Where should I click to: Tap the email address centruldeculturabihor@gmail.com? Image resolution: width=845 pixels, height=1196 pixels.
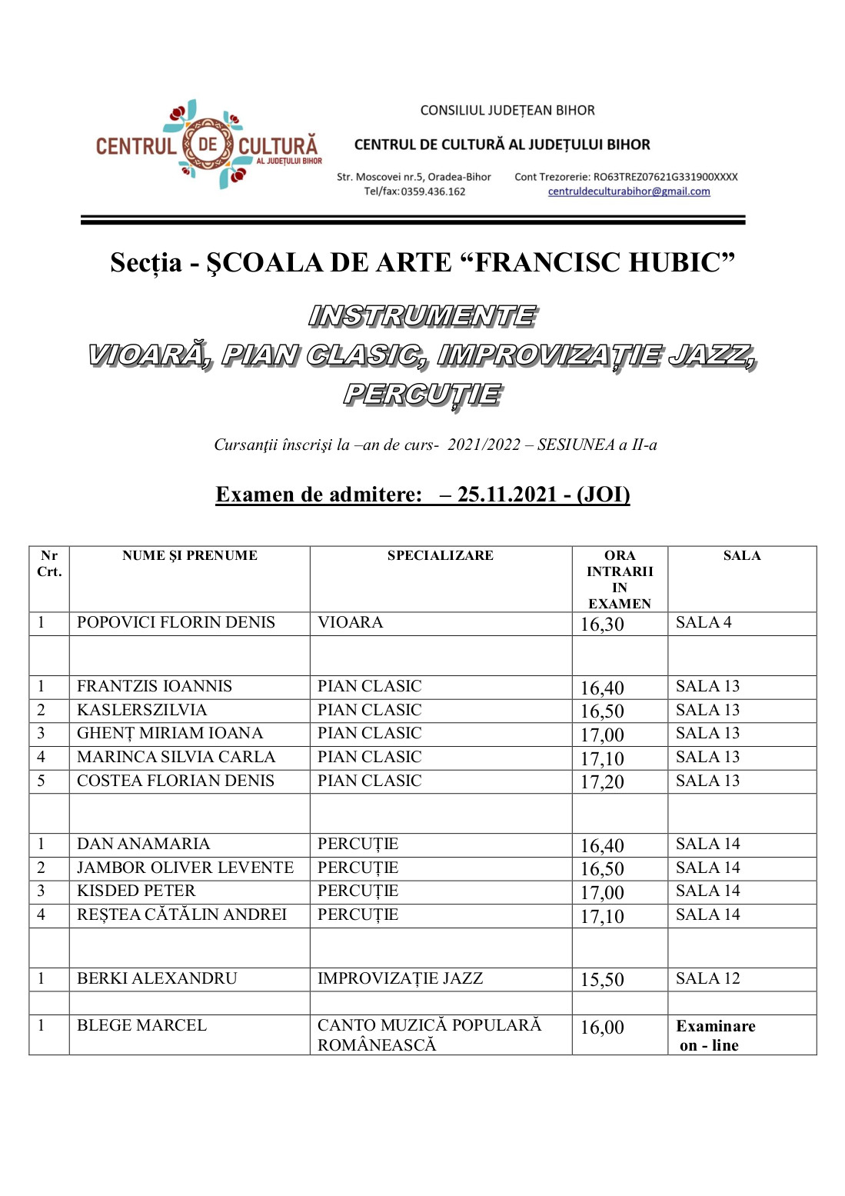(x=628, y=192)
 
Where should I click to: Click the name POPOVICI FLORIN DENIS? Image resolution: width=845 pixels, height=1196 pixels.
(x=175, y=622)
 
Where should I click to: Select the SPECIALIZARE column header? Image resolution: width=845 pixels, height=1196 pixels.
(x=440, y=555)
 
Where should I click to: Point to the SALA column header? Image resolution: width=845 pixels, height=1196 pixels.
(x=741, y=555)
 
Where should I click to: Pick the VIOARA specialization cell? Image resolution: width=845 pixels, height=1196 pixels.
(x=350, y=622)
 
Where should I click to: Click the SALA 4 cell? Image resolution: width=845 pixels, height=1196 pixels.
(x=703, y=622)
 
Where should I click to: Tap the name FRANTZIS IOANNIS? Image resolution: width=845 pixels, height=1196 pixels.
(x=154, y=686)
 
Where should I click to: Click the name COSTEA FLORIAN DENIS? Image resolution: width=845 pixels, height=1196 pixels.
(x=175, y=781)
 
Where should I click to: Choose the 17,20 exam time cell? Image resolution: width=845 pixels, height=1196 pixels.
(x=602, y=782)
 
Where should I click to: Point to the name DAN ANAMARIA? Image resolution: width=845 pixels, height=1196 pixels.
(x=143, y=844)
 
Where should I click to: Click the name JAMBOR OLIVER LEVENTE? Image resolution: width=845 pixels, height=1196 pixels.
(x=185, y=868)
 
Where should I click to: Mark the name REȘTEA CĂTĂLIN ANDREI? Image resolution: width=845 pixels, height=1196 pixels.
(x=181, y=914)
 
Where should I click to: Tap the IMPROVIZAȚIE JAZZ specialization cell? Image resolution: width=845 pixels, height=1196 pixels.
(x=400, y=978)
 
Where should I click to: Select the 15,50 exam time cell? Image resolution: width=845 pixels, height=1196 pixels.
(x=602, y=980)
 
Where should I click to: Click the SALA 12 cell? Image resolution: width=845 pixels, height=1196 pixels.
(x=707, y=978)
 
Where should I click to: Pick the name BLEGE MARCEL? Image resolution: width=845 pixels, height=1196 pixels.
(x=141, y=1025)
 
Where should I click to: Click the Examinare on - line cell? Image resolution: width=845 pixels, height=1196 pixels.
(x=714, y=1035)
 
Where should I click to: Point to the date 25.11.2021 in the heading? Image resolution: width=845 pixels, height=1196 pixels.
(x=507, y=495)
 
